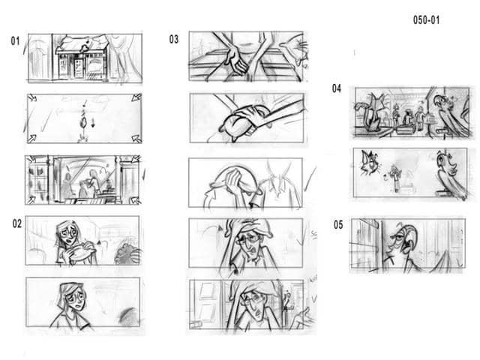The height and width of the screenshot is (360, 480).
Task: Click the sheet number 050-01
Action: (x=426, y=20)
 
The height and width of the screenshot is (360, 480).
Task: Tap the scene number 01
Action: (x=15, y=41)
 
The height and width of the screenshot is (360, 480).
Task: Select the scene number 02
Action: (x=16, y=223)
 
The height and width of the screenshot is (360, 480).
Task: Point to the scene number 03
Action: (x=174, y=40)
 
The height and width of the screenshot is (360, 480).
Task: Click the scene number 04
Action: (x=337, y=88)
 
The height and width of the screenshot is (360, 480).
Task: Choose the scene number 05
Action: (x=338, y=224)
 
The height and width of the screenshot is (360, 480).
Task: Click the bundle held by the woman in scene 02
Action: (x=78, y=253)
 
